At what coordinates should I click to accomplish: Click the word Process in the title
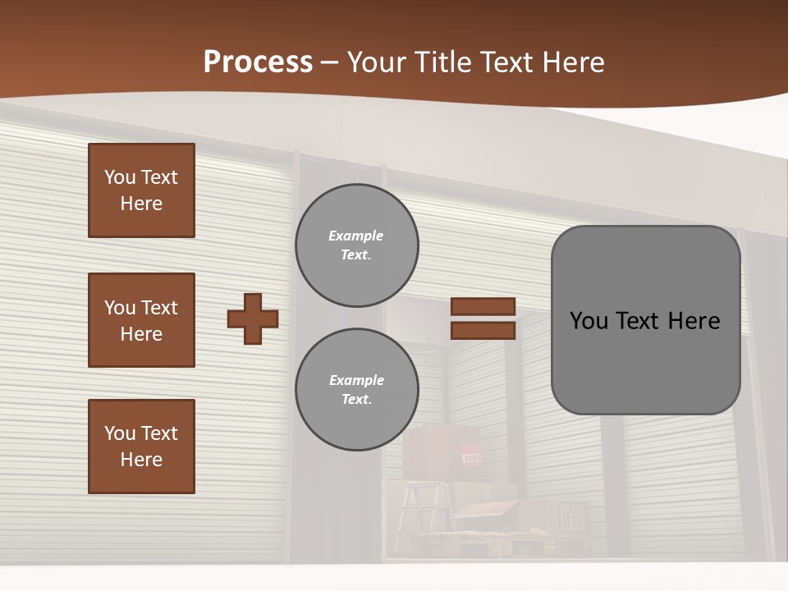[x=258, y=62]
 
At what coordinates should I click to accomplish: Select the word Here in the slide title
[x=571, y=62]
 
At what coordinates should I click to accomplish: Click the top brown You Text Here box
[x=141, y=190]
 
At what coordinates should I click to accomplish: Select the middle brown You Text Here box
[x=141, y=320]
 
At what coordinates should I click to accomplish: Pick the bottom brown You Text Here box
[x=141, y=447]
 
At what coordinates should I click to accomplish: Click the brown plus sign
[x=253, y=318]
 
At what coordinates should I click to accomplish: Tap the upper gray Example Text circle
[x=357, y=245]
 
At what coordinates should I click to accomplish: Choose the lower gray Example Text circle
[x=357, y=390]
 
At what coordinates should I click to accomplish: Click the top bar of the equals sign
[x=483, y=306]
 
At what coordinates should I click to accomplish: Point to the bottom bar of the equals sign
[x=483, y=330]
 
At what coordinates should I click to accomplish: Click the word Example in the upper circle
[x=355, y=236]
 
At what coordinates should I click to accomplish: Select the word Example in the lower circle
[x=356, y=380]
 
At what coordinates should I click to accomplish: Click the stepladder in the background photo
[x=422, y=509]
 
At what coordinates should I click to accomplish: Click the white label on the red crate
[x=472, y=457]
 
